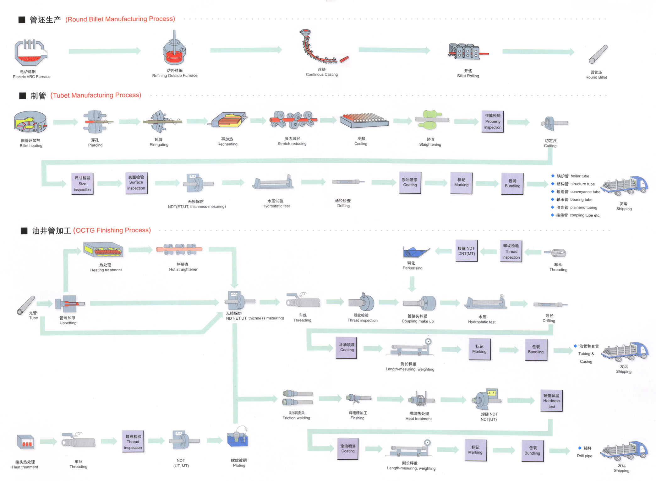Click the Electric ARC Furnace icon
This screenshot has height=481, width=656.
(x=30, y=53)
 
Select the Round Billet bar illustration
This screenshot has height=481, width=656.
(x=598, y=55)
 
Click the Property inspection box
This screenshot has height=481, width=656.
(x=493, y=122)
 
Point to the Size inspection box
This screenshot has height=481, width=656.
(x=82, y=184)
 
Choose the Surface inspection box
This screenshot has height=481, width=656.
(x=136, y=182)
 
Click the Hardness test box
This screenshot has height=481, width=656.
(x=551, y=401)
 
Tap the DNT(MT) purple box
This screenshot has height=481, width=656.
(x=466, y=251)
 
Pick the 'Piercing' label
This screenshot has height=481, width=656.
(x=95, y=145)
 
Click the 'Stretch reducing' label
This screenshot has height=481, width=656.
(x=292, y=144)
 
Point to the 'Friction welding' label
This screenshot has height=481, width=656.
(x=296, y=418)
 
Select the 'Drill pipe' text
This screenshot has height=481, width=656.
(x=584, y=456)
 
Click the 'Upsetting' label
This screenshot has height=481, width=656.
(x=68, y=323)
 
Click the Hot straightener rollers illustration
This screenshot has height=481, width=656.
(x=179, y=249)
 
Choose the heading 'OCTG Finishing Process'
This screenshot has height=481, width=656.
(x=112, y=230)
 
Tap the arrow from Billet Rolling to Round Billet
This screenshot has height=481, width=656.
(x=538, y=52)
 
